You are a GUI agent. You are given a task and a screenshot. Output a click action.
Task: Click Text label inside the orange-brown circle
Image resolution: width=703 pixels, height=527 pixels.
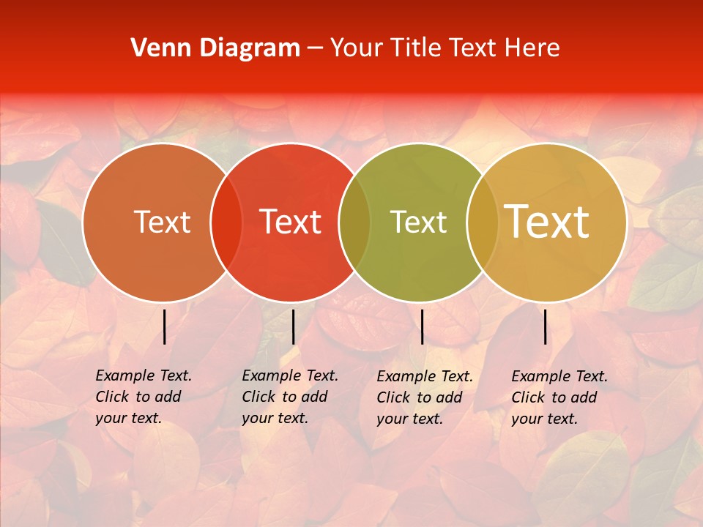click(x=162, y=222)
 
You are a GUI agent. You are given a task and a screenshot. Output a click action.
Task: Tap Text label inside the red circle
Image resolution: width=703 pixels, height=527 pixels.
click(x=291, y=222)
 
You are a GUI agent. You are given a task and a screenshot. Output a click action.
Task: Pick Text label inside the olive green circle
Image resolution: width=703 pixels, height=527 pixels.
click(x=419, y=222)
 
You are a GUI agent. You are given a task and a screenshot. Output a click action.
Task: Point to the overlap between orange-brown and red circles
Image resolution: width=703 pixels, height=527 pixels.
click(x=226, y=222)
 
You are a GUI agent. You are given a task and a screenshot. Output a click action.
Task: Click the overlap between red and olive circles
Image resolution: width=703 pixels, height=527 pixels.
click(x=354, y=222)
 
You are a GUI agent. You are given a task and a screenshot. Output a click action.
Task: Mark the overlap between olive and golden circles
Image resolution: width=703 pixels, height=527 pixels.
click(x=483, y=222)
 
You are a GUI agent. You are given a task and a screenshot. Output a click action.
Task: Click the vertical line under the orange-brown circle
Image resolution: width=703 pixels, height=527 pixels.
click(x=165, y=326)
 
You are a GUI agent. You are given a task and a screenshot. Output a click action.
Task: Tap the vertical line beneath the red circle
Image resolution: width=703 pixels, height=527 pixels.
click(x=293, y=326)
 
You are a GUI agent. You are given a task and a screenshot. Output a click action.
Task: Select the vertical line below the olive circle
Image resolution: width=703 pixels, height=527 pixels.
click(x=422, y=326)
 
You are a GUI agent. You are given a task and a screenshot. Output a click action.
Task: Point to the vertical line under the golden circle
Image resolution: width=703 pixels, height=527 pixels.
click(x=546, y=326)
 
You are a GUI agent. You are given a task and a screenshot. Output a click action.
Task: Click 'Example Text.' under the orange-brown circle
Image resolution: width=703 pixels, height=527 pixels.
click(x=144, y=375)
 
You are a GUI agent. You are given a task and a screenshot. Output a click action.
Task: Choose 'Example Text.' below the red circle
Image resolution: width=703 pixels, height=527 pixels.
click(x=290, y=375)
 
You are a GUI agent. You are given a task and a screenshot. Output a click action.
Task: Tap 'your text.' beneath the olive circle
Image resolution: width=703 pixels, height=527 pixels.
click(x=410, y=419)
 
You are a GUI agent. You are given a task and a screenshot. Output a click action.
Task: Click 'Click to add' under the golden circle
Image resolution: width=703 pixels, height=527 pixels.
click(x=554, y=397)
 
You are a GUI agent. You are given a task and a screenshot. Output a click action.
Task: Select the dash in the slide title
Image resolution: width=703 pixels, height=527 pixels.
click(x=315, y=49)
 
